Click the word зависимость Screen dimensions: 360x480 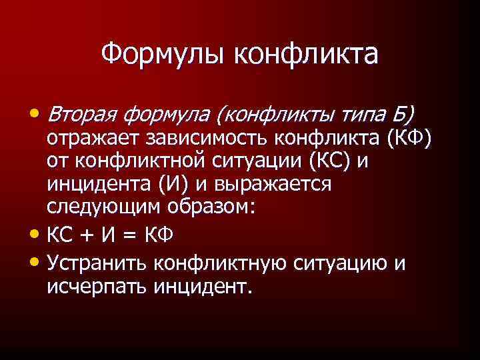pyautogui.click(x=204, y=139)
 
